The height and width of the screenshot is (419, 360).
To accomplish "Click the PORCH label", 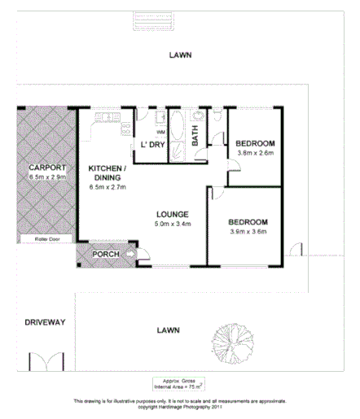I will (107, 255).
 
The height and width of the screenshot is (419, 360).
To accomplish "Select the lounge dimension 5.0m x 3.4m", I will (173, 225).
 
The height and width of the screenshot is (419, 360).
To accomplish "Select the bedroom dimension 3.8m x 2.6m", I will (255, 152).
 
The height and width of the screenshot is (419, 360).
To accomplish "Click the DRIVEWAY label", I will (44, 321).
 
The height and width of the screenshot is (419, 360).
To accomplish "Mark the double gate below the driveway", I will (44, 361).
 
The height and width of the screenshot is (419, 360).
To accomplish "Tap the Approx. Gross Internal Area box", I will (179, 384).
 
